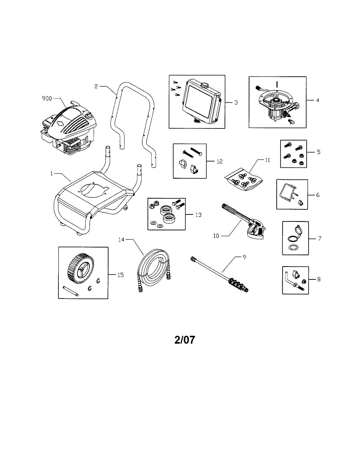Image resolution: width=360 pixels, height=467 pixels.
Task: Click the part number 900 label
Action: coord(47,98)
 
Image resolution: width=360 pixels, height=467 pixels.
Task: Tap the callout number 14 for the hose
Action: coord(122,240)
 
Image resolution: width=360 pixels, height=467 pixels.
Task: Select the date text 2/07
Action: coord(184,340)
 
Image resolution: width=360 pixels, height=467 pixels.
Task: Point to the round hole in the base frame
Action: coord(93,189)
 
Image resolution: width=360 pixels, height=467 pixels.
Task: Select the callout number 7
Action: coord(319,238)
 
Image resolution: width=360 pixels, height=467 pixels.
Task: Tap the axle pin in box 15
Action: coord(70,291)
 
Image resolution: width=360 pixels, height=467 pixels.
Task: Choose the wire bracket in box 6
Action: coord(288,193)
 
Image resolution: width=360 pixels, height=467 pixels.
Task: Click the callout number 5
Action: coord(318,152)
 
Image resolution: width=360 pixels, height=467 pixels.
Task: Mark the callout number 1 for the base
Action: coord(51,174)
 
